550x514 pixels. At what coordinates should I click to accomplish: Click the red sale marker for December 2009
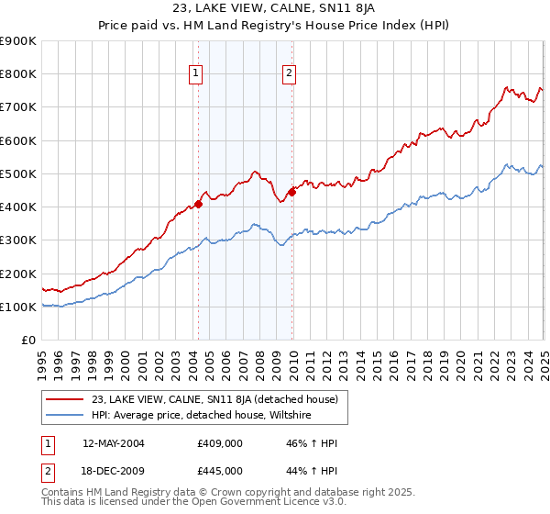pos(291,192)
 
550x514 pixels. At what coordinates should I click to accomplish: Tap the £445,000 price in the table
pos(219,471)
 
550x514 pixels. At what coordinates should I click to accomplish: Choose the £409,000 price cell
pos(219,443)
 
